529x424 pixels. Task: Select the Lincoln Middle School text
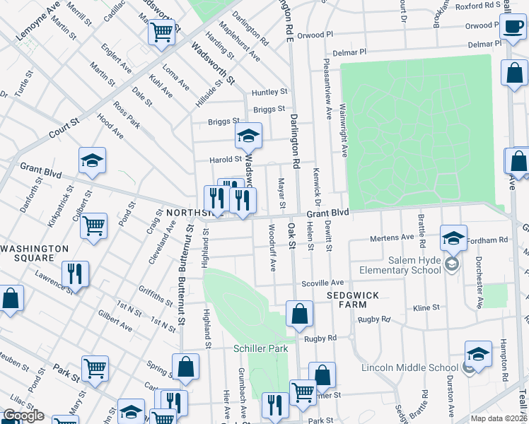pos(409,367)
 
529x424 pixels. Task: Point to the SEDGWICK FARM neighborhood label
pos(347,299)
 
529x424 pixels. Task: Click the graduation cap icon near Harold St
pos(248,136)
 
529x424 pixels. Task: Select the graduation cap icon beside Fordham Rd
pos(453,237)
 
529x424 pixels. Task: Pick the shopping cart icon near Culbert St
pos(93,226)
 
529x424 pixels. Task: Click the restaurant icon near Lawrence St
pos(74,274)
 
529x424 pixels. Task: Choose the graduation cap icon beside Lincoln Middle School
pos(478,354)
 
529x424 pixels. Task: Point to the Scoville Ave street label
pos(323,282)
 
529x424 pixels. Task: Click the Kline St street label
pos(426,308)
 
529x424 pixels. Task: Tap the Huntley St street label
pos(269,92)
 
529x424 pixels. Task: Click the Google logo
pos(23,416)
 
